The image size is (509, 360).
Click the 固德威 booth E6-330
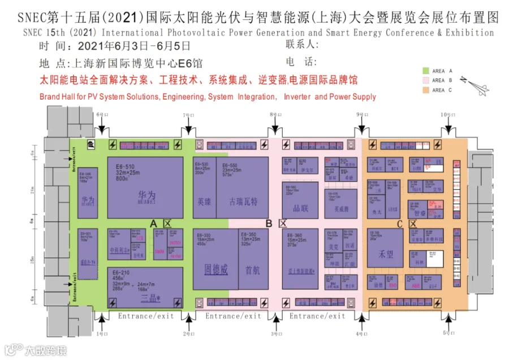click(215, 260)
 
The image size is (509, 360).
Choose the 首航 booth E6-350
click(253, 260)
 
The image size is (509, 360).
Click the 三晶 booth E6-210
click(145, 288)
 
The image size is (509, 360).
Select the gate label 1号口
click(101, 335)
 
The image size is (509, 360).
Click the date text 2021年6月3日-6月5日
click(134, 46)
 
